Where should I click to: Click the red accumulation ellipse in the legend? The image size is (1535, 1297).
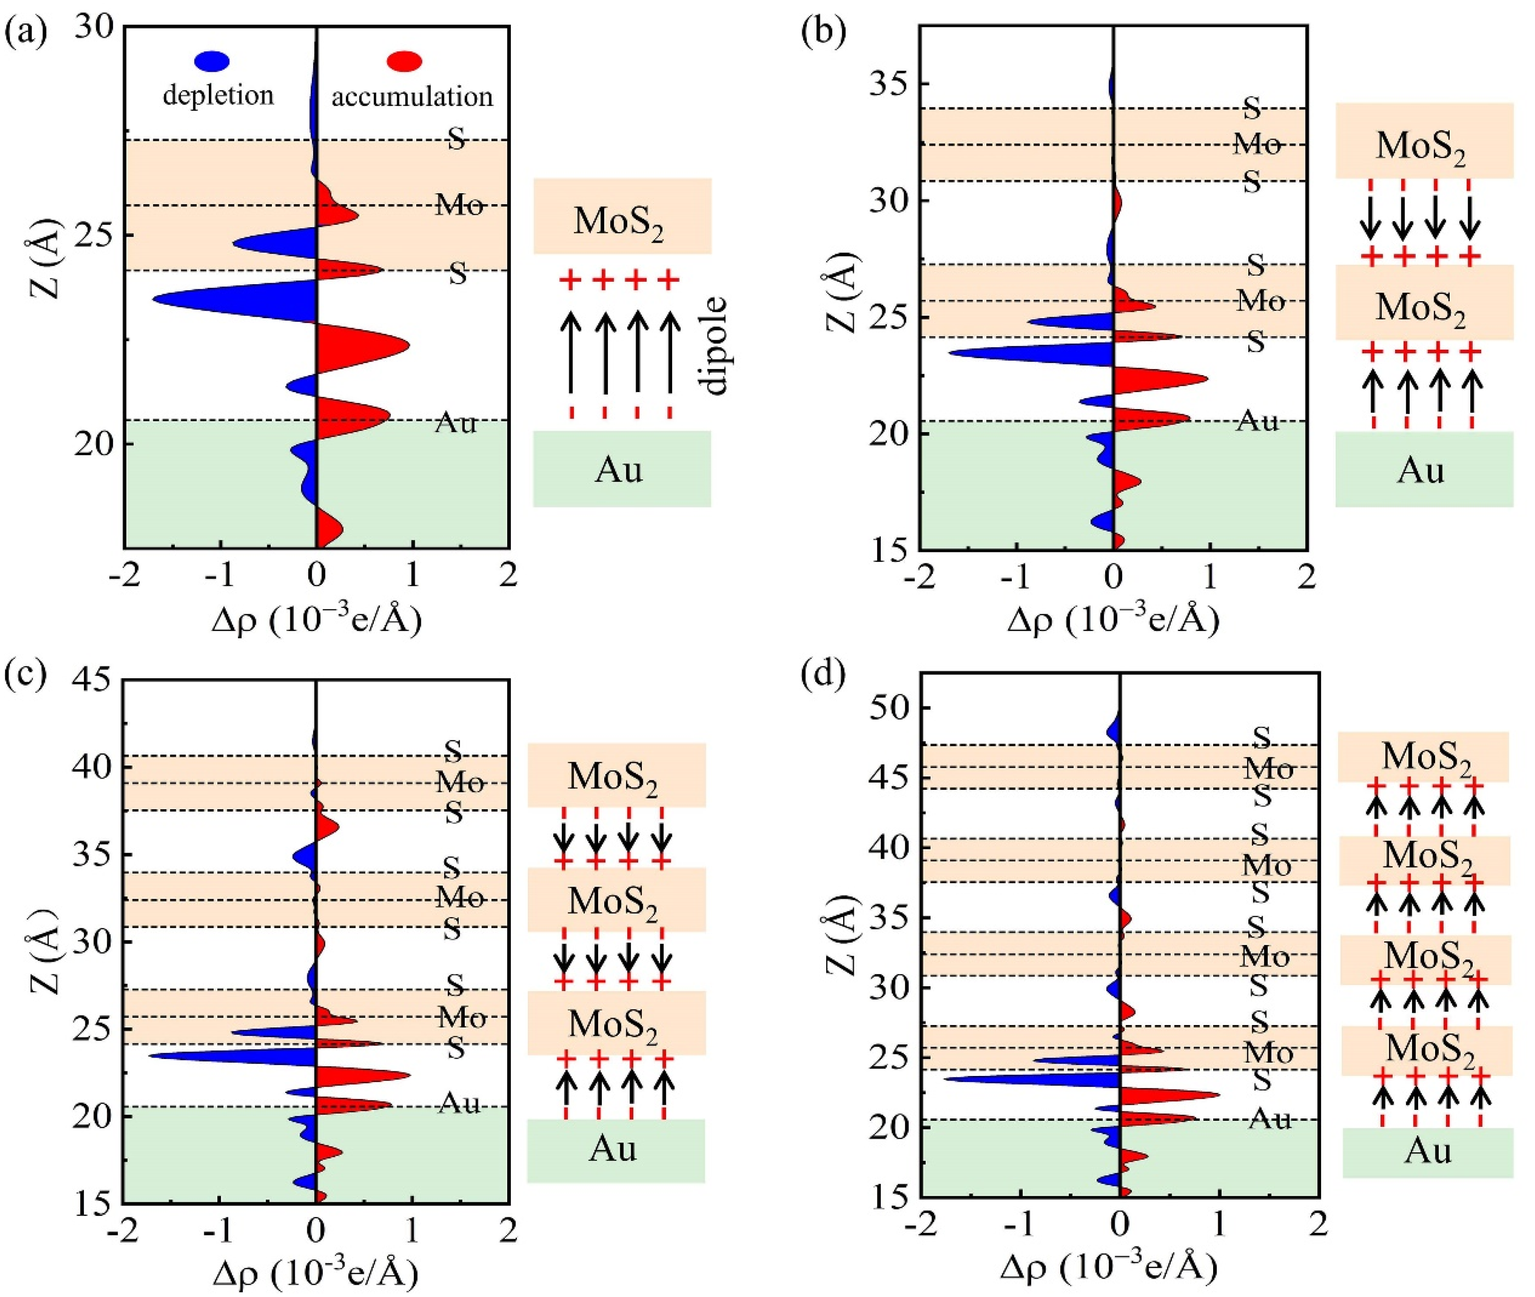click(404, 61)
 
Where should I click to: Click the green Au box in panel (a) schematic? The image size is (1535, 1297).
click(622, 469)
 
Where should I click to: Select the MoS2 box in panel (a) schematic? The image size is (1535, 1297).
click(622, 216)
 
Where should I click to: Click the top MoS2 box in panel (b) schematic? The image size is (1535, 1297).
click(1424, 141)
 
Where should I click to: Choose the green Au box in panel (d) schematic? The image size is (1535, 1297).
click(1428, 1152)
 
